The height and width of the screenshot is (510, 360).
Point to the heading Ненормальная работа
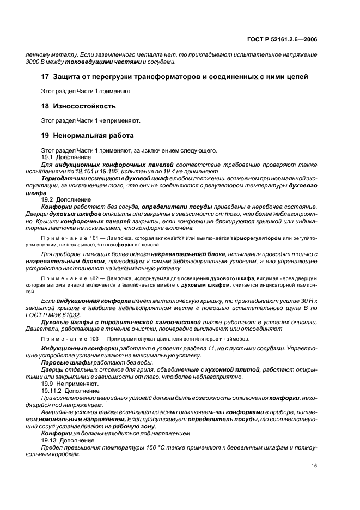pos(93,135)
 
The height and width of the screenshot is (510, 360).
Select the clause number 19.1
pos(47,157)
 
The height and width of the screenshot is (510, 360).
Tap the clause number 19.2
pos(47,200)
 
